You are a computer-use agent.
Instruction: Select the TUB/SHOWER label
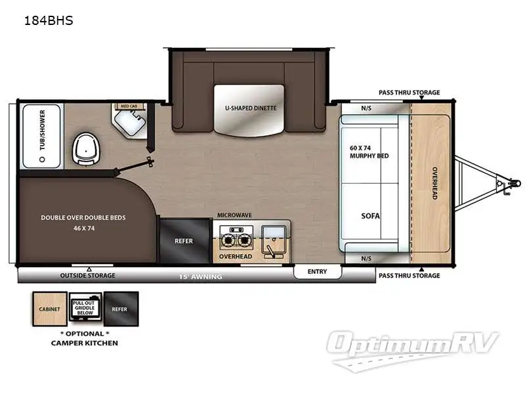(42, 130)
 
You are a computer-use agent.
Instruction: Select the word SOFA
(371, 215)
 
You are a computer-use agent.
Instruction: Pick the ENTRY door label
(318, 271)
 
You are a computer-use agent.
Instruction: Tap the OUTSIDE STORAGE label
(87, 275)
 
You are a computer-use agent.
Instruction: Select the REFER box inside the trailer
(184, 241)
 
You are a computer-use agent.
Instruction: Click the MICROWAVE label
(235, 215)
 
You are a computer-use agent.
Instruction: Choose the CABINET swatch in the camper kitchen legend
(49, 309)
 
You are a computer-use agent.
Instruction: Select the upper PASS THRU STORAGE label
(409, 93)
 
